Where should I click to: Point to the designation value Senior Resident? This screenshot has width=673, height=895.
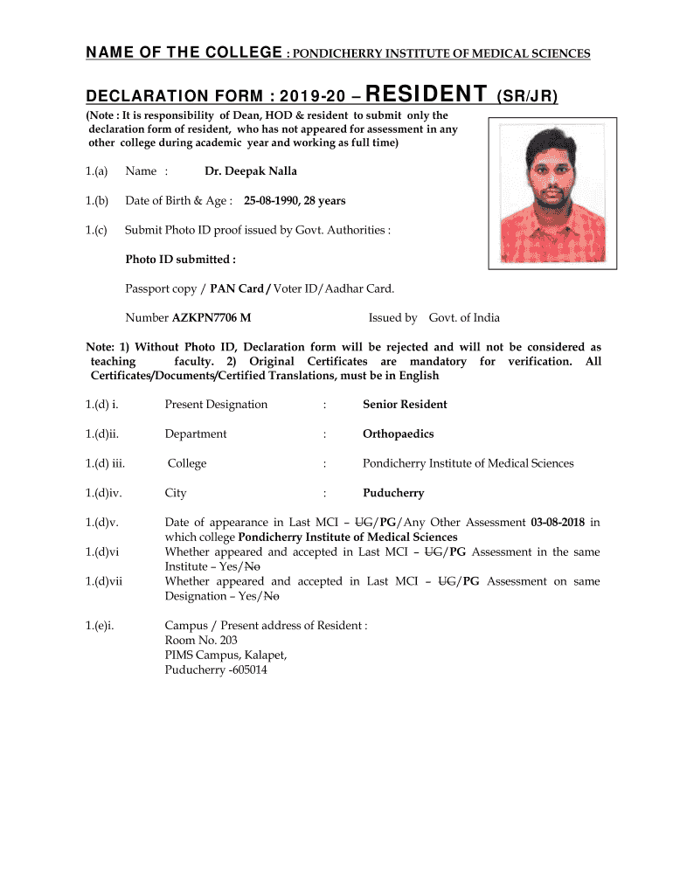[x=405, y=405]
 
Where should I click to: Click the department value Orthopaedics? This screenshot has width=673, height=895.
[x=398, y=434]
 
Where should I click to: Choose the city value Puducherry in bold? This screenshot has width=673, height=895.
[x=393, y=493]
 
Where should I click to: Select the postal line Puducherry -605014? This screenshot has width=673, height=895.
[x=216, y=670]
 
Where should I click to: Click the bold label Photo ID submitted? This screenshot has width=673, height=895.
[x=180, y=260]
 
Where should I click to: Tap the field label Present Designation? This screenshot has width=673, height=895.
[x=216, y=405]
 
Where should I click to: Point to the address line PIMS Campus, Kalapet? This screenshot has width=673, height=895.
[x=225, y=656]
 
